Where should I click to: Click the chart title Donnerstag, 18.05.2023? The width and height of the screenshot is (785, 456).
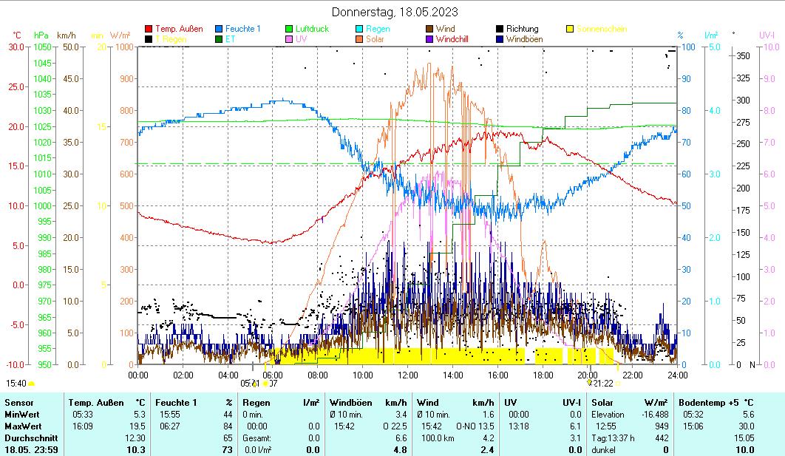pos(394,12)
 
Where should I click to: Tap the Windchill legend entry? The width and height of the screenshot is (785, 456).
pos(455,39)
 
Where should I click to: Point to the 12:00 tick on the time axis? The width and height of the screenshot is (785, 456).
pos(408,375)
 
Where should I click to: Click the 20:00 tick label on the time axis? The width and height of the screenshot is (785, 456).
pos(588,375)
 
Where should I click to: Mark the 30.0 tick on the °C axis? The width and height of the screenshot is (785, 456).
pos(16,47)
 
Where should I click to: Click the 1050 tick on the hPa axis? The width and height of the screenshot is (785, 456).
pos(42,47)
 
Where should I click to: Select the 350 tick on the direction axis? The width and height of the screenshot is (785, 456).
pos(744,56)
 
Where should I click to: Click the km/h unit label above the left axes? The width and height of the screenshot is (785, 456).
pos(66,35)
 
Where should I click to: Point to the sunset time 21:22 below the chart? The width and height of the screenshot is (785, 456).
pos(602,384)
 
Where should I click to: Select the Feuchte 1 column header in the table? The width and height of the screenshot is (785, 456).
pos(176,403)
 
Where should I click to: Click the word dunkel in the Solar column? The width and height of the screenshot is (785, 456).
pos(604,449)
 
